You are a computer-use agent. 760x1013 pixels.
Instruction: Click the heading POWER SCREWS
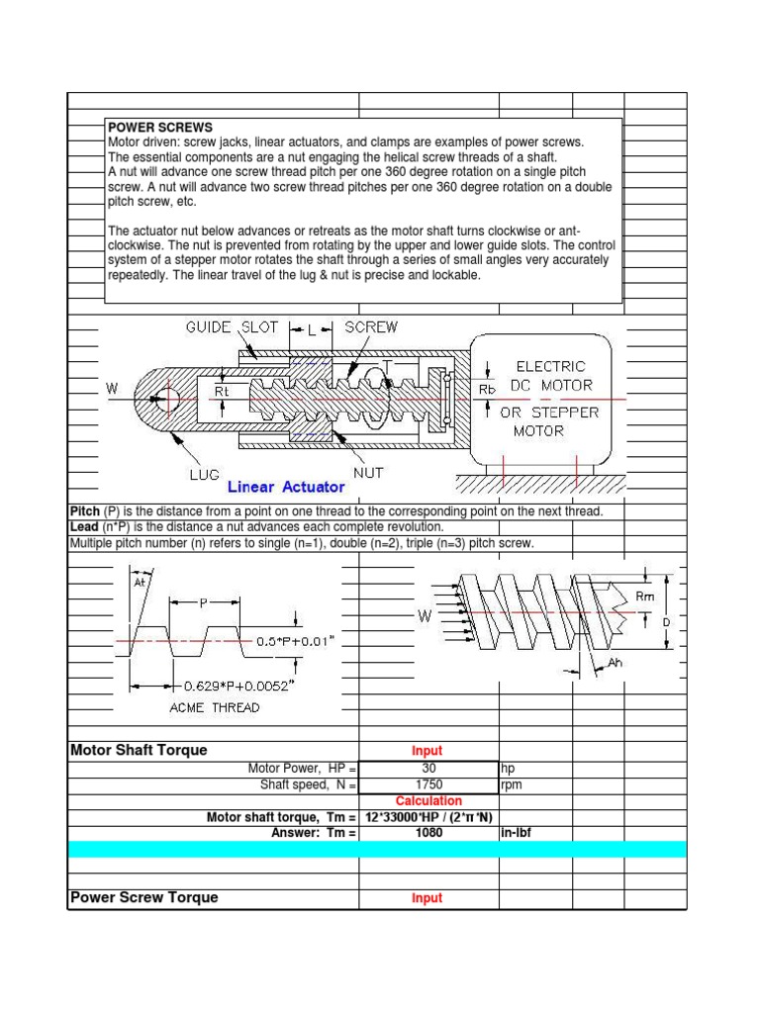(x=159, y=128)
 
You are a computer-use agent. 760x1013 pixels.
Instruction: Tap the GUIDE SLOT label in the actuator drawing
(x=232, y=326)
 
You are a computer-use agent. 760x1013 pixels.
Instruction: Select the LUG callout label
(x=206, y=475)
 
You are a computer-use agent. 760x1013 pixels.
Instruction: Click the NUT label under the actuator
(x=370, y=474)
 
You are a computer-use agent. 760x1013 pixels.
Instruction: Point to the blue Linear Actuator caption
(x=286, y=487)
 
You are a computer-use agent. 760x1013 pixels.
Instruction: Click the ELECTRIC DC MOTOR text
(x=551, y=376)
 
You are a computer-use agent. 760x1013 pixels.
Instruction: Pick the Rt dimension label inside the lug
(x=223, y=391)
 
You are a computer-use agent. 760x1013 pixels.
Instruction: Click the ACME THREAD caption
(x=215, y=707)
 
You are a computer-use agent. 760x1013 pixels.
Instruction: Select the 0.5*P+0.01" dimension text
(x=296, y=640)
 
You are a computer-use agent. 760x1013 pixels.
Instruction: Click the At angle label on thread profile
(x=139, y=583)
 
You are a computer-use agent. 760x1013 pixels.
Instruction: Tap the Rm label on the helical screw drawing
(x=644, y=596)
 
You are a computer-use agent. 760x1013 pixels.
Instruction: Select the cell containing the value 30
(x=427, y=768)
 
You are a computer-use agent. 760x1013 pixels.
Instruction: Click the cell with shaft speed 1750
(x=427, y=784)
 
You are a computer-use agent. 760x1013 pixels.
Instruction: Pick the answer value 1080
(x=427, y=833)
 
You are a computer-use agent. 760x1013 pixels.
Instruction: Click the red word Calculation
(x=427, y=800)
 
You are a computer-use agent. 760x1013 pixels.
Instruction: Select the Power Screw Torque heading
(x=144, y=897)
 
